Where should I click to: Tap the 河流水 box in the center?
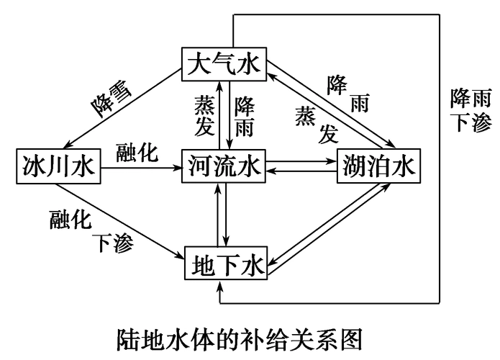(224, 167)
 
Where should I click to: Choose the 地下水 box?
(226, 264)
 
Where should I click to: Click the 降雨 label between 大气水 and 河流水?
(245, 117)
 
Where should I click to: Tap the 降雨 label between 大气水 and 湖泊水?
(348, 94)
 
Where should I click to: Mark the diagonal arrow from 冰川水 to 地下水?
(119, 220)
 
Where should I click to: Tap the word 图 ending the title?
(353, 337)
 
